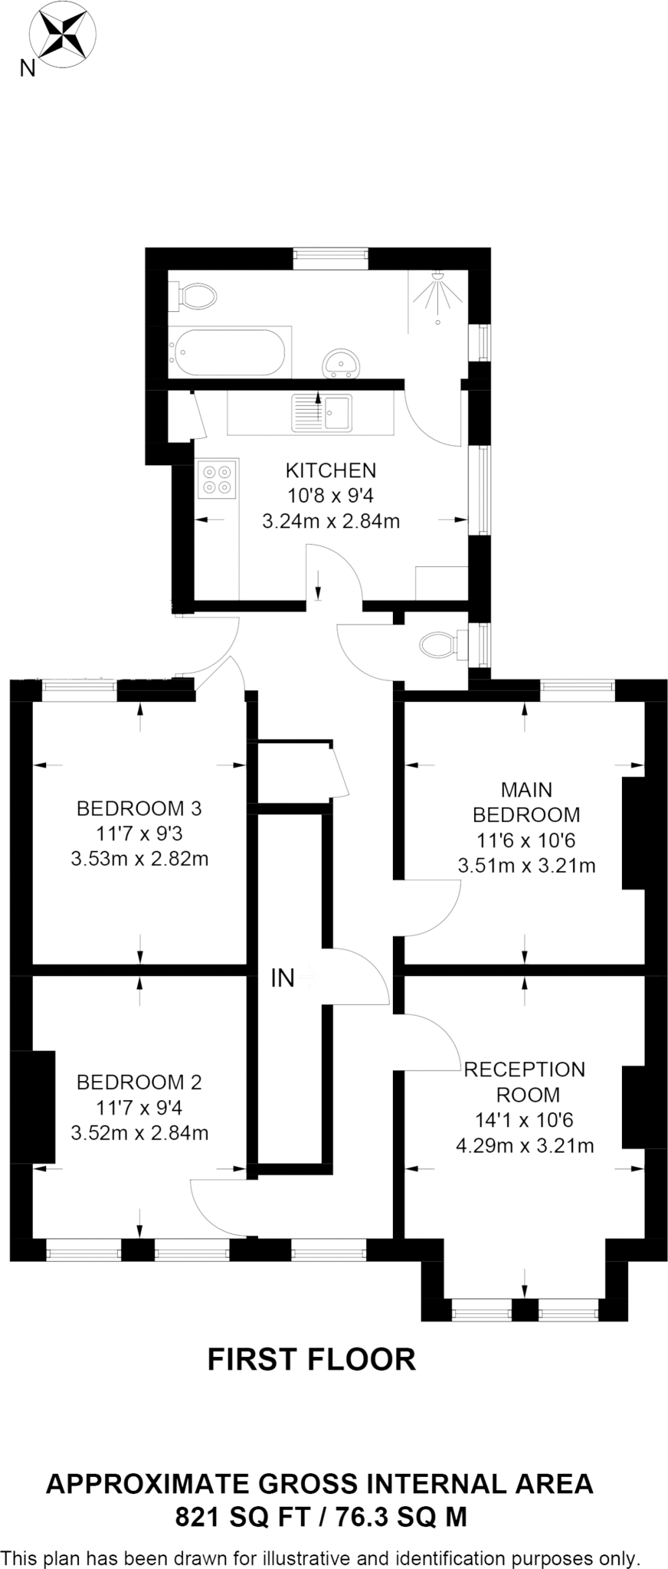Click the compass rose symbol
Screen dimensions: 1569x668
(x=63, y=35)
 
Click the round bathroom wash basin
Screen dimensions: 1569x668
(x=341, y=362)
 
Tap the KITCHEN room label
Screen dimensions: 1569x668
(x=331, y=470)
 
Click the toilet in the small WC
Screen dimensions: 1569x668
(x=441, y=644)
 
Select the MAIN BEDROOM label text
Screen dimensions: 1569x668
(x=526, y=802)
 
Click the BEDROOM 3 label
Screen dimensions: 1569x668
(x=139, y=808)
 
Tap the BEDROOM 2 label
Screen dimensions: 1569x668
(x=139, y=1082)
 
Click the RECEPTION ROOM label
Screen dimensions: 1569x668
(x=525, y=1081)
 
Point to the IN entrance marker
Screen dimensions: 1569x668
(x=283, y=978)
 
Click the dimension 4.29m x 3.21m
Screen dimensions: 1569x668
(x=525, y=1146)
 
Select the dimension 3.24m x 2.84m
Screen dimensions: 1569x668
(x=331, y=522)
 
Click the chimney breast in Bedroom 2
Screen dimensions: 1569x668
(x=34, y=1107)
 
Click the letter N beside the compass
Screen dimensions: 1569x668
(x=27, y=69)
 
